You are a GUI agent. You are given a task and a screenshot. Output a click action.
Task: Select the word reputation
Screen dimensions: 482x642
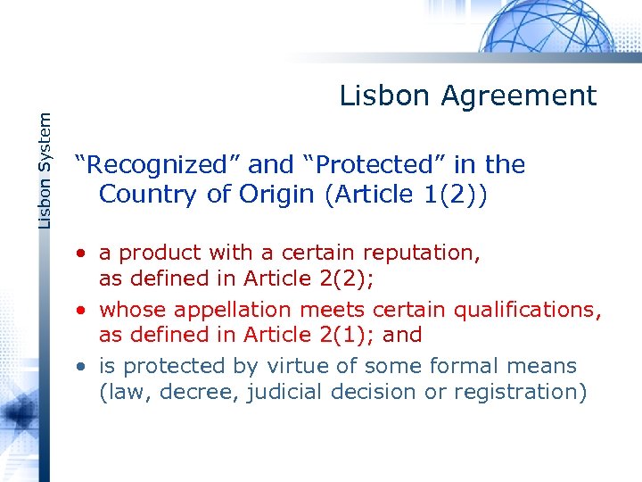pyautogui.click(x=422, y=253)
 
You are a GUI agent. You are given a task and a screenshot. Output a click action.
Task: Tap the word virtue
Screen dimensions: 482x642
pyautogui.click(x=324, y=366)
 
